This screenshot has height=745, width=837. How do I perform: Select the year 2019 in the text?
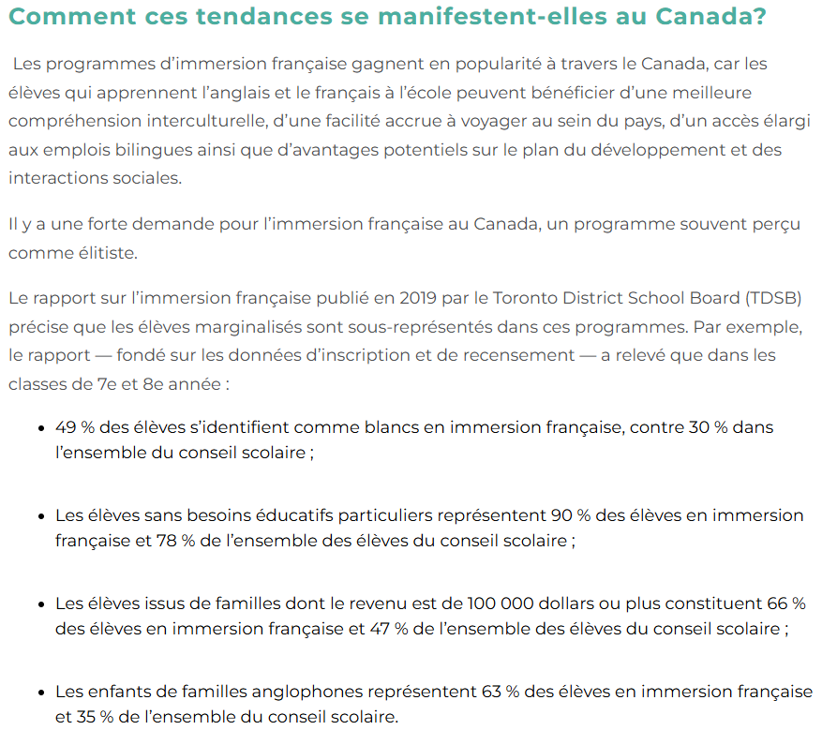click(x=419, y=299)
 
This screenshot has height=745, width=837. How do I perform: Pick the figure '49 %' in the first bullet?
click(x=76, y=427)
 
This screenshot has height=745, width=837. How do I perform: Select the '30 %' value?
click(x=707, y=427)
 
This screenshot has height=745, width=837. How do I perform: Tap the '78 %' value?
click(x=169, y=541)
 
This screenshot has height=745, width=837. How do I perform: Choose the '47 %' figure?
click(x=386, y=629)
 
